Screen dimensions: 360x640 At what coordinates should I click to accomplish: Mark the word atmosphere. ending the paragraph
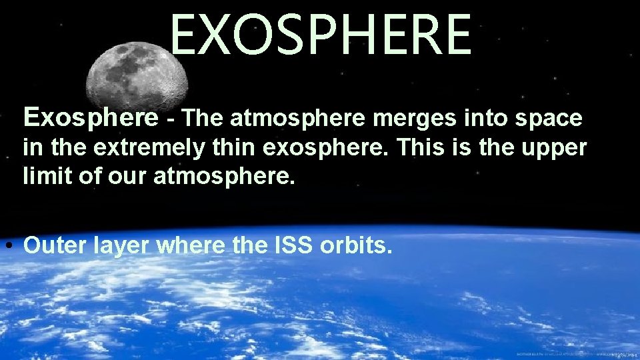223,177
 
